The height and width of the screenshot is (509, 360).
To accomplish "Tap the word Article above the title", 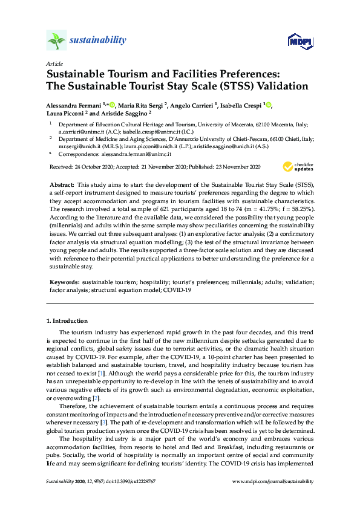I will point(53,63).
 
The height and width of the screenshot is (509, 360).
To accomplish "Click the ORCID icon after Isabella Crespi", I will point(269,105).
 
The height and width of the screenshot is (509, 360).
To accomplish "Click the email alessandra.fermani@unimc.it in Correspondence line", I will point(137,154).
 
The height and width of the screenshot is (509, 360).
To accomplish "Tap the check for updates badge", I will point(296,166).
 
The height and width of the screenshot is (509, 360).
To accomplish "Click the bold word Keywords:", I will point(63,282).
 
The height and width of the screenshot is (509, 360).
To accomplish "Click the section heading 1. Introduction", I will point(67,320).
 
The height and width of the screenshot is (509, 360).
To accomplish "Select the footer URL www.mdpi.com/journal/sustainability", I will point(273,481).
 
